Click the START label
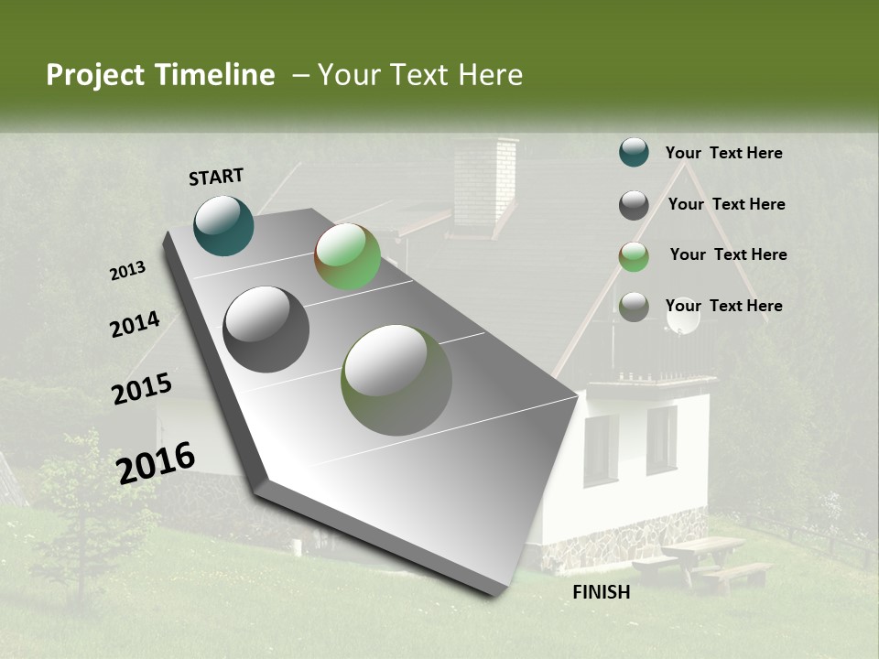(216, 177)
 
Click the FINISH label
(602, 592)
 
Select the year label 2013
(128, 270)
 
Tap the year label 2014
(135, 324)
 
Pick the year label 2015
(142, 389)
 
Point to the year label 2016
(156, 462)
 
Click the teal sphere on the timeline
(223, 225)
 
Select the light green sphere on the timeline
(348, 256)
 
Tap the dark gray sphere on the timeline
(266, 329)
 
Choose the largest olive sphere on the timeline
(396, 380)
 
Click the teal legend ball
(634, 152)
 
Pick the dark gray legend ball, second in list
(634, 205)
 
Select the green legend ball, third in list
(634, 256)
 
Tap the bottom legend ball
(634, 307)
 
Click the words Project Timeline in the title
(160, 75)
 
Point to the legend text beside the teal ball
(724, 153)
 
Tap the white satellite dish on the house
(683, 316)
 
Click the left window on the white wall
(601, 449)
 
